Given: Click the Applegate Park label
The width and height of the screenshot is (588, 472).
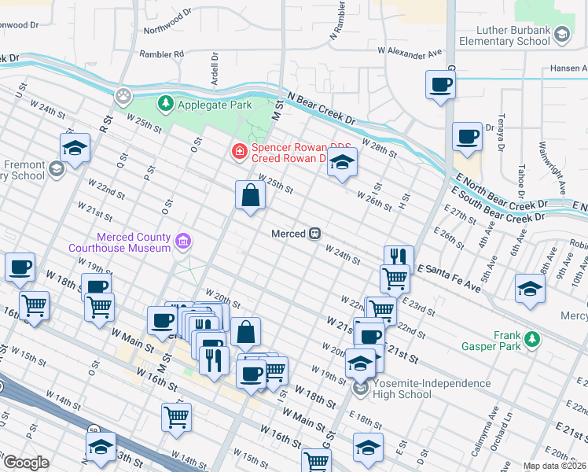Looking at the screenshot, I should tap(214, 104).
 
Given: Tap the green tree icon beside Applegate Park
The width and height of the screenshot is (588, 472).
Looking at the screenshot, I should tap(166, 103).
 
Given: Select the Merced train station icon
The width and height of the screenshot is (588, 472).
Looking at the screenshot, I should tap(314, 234).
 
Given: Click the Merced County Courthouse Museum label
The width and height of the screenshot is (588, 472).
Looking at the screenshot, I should tap(133, 242).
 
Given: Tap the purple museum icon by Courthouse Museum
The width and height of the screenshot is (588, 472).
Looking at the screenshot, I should tap(183, 240).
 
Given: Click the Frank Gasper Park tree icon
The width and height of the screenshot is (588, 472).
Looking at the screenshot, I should tap(533, 339).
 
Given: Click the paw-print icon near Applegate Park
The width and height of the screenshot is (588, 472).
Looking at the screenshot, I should tap(124, 96).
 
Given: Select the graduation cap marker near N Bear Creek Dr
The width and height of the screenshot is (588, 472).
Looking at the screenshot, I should tap(342, 162).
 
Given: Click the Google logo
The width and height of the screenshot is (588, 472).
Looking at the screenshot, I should tap(25, 463).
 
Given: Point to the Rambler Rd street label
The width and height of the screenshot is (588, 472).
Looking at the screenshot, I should tap(161, 54).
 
